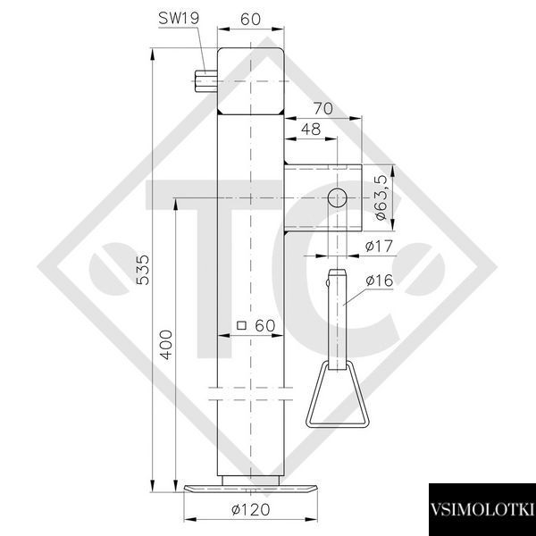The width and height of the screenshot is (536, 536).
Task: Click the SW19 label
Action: [179, 18]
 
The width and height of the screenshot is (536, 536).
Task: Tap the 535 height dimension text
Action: [143, 270]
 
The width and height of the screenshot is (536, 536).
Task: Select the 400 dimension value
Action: [166, 345]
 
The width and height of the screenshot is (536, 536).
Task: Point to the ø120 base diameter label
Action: [250, 510]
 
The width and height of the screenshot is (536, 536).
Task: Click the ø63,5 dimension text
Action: [381, 197]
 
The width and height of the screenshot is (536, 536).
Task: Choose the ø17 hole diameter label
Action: [379, 246]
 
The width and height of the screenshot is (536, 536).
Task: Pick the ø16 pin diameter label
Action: [380, 281]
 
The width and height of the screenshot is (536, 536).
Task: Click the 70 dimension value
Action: [323, 109]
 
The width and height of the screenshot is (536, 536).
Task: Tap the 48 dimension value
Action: [311, 130]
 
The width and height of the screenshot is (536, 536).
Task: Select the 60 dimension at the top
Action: [250, 19]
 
